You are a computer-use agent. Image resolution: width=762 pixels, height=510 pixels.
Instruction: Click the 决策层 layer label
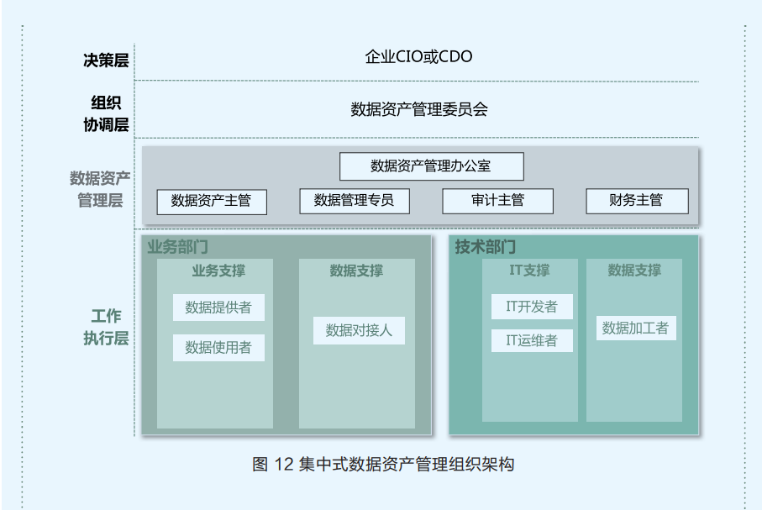(105, 60)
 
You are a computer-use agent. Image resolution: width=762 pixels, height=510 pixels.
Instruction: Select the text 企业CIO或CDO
(418, 57)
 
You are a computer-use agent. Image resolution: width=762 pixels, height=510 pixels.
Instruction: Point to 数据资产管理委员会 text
(418, 109)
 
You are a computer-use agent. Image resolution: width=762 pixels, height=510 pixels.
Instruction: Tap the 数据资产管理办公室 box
(431, 166)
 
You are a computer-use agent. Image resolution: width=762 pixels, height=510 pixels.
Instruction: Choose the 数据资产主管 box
(211, 201)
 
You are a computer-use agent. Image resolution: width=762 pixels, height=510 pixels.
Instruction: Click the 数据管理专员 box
(353, 201)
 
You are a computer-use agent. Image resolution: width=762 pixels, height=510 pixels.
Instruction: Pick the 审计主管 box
(497, 201)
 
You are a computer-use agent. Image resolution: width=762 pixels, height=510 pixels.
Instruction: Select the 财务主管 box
(636, 201)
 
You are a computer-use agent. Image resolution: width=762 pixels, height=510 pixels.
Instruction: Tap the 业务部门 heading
(177, 247)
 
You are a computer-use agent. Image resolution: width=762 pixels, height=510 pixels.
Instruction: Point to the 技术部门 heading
(486, 247)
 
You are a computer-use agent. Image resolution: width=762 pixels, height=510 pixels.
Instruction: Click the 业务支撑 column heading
(218, 271)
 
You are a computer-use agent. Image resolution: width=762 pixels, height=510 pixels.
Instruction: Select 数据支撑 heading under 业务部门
(356, 271)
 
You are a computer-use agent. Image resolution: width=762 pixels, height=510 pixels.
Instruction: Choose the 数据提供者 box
(218, 308)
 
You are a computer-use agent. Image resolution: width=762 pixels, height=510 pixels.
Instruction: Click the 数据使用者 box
(218, 347)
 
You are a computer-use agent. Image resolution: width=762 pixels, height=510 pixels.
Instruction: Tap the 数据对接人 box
(359, 330)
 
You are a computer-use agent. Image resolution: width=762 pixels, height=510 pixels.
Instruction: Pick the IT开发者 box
(531, 307)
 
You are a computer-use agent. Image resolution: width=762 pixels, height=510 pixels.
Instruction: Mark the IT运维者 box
(531, 340)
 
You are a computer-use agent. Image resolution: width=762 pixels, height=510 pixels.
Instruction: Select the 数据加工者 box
(635, 329)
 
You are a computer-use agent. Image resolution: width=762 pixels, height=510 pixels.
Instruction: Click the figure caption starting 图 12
(382, 464)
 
